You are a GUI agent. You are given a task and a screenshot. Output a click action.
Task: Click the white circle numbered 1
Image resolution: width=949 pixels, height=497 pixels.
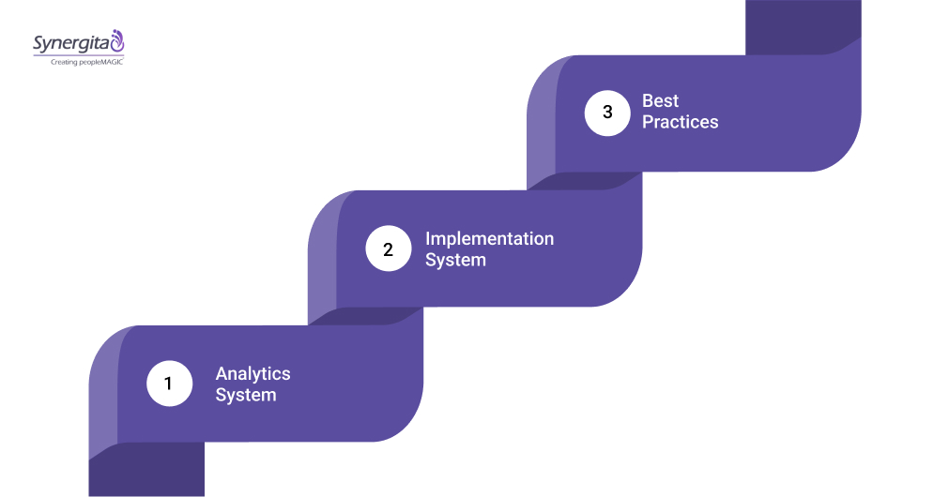169,384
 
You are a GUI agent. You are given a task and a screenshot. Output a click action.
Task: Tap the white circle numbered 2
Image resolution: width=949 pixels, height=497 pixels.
388,248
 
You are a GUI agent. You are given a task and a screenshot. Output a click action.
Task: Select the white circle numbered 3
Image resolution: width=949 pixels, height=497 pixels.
607,113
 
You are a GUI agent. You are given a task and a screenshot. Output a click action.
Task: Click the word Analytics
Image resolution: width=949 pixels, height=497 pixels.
253,373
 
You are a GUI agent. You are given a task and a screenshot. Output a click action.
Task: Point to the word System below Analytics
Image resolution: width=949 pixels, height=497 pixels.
245,395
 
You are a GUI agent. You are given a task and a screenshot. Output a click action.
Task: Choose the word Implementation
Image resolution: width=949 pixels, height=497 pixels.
489,238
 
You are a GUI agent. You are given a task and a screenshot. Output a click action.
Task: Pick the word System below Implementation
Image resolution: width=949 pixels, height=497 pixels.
455,260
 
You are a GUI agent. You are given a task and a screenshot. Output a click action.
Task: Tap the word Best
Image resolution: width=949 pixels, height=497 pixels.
660,101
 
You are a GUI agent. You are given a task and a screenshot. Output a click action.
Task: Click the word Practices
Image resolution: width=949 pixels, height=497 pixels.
680,123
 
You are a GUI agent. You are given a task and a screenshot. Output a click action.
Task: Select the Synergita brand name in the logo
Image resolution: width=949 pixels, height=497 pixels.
70,42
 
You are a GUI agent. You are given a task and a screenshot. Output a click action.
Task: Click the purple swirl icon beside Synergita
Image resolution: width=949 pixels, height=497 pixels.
117,40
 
